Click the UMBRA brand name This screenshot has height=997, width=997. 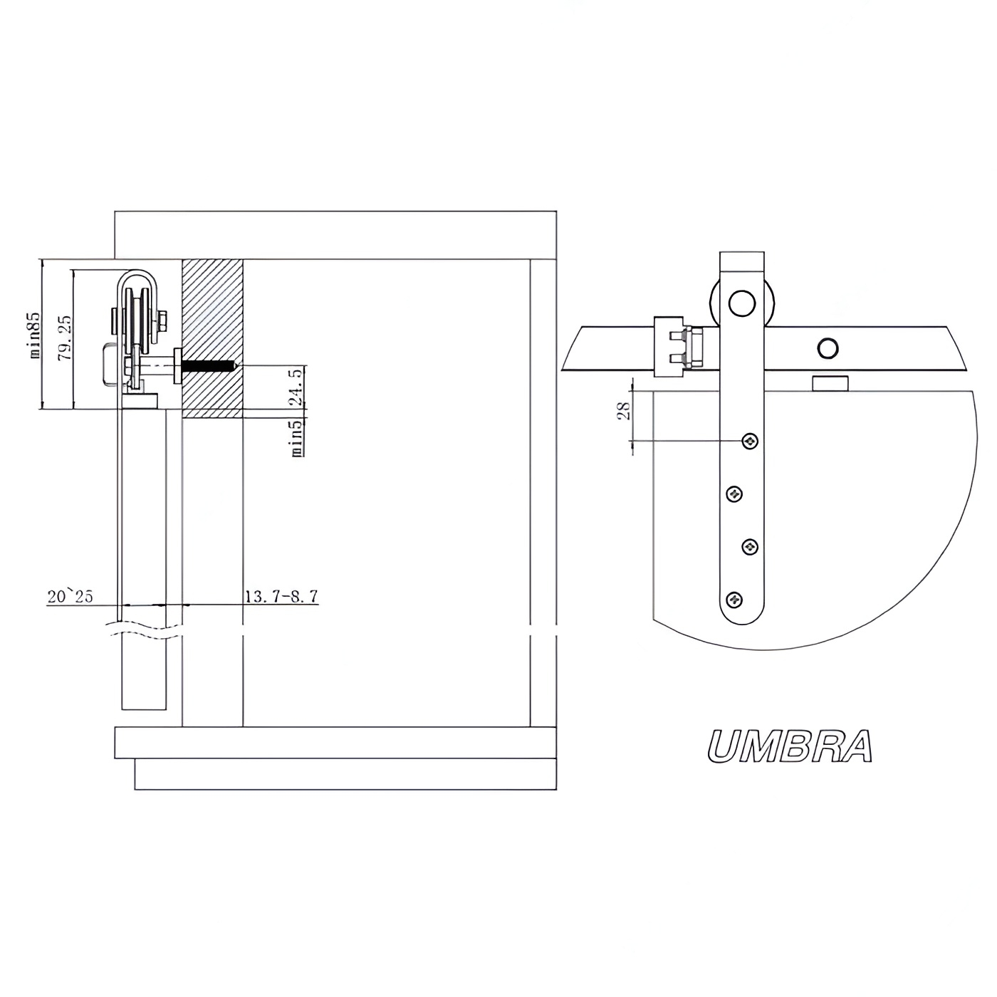790,746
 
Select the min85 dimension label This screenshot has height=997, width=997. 35,335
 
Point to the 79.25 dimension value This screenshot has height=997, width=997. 66,338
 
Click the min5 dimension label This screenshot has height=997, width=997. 297,439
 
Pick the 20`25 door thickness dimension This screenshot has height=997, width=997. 71,597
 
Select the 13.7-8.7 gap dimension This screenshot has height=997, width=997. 281,597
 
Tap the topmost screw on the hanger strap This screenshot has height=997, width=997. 750,441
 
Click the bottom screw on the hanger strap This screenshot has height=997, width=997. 734,599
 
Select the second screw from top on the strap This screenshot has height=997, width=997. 734,494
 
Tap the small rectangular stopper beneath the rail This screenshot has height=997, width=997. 830,383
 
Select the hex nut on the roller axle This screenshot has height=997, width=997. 162,320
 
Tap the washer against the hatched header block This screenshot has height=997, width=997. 178,366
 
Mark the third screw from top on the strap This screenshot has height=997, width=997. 750,546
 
